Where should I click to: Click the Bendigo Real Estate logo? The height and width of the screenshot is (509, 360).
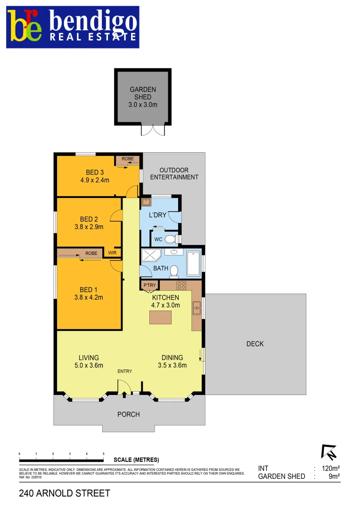click(73, 27)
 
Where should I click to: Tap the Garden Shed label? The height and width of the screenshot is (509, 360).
click(143, 97)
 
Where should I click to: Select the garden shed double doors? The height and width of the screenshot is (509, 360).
click(152, 130)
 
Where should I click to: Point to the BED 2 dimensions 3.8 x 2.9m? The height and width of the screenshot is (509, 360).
click(89, 227)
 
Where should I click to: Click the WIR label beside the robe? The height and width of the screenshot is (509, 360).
click(112, 253)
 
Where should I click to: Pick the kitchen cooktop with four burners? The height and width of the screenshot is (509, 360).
click(181, 286)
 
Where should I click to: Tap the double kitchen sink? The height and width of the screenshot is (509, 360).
click(197, 307)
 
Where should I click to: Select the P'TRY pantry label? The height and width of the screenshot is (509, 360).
click(149, 286)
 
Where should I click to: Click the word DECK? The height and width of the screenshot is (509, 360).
click(255, 344)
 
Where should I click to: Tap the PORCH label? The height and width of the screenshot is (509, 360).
click(128, 414)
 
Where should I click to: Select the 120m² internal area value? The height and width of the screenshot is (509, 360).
click(329, 468)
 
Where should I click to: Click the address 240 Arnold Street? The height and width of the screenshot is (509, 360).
click(65, 493)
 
